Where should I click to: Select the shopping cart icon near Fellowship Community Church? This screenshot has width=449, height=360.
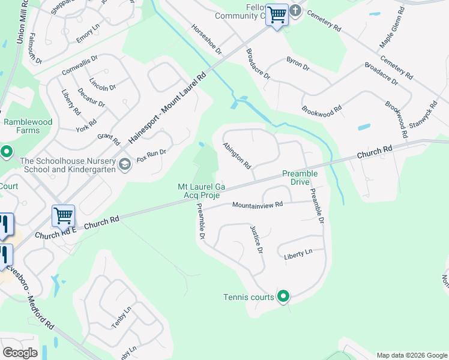click(277, 14)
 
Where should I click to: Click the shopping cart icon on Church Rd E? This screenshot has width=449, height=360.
click(63, 215)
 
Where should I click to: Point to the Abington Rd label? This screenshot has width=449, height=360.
click(237, 155)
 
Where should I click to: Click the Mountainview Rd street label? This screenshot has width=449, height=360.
click(258, 205)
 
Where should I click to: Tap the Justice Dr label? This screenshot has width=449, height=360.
click(256, 239)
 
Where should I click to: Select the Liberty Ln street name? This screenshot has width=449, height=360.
click(298, 254)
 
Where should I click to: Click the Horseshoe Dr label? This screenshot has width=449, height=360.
click(206, 37)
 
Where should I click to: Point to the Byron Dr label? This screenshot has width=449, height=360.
click(298, 64)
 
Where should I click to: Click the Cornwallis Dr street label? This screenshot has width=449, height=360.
click(79, 67)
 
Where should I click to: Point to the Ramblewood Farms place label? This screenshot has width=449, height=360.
click(28, 126)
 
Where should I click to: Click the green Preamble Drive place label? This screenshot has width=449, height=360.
click(300, 178)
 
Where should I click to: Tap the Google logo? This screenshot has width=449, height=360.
click(20, 353)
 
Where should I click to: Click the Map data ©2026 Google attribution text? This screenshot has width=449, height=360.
click(412, 355)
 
